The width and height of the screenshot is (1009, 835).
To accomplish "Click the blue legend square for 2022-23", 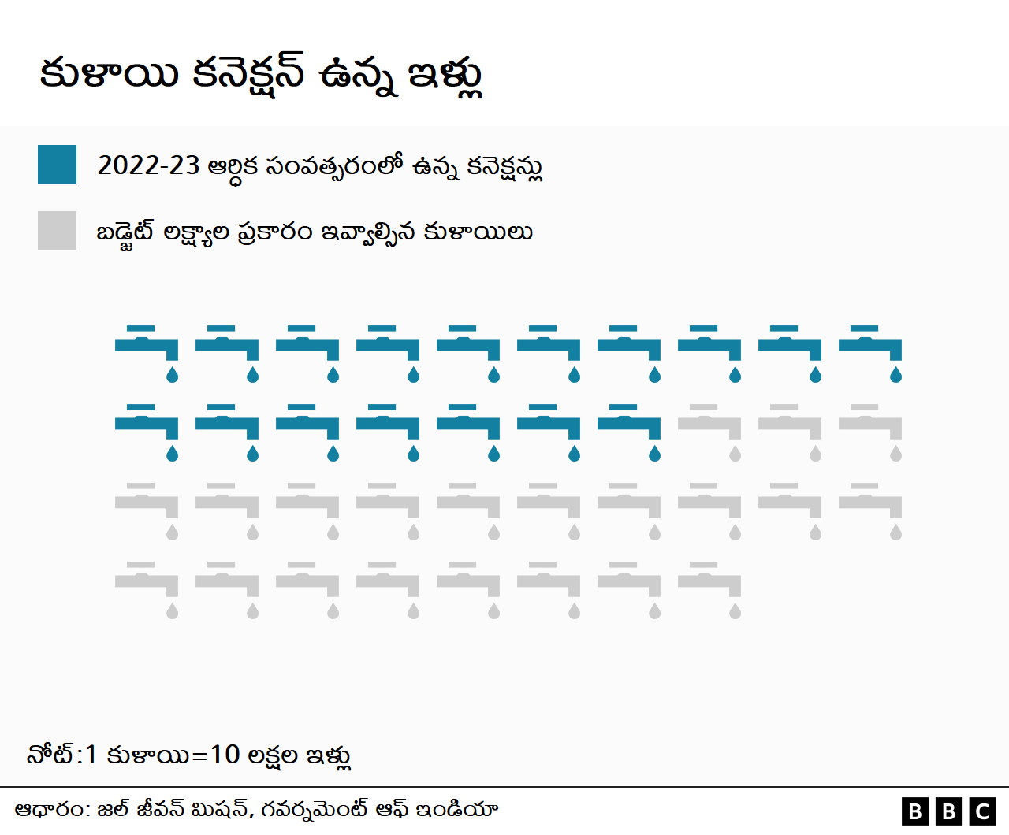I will [57, 164].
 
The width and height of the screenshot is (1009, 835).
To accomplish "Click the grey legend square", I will [57, 230].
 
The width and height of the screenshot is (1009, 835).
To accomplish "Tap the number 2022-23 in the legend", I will [148, 165].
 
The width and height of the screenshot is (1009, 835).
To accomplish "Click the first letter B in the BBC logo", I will [915, 811].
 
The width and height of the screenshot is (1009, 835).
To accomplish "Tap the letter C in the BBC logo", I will [983, 811].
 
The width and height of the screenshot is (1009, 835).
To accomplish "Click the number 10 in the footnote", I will [225, 755].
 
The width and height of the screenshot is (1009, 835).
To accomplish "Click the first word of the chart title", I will [109, 74].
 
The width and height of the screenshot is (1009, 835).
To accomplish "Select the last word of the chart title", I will [445, 76].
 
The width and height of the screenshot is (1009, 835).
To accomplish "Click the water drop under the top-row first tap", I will [172, 375].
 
